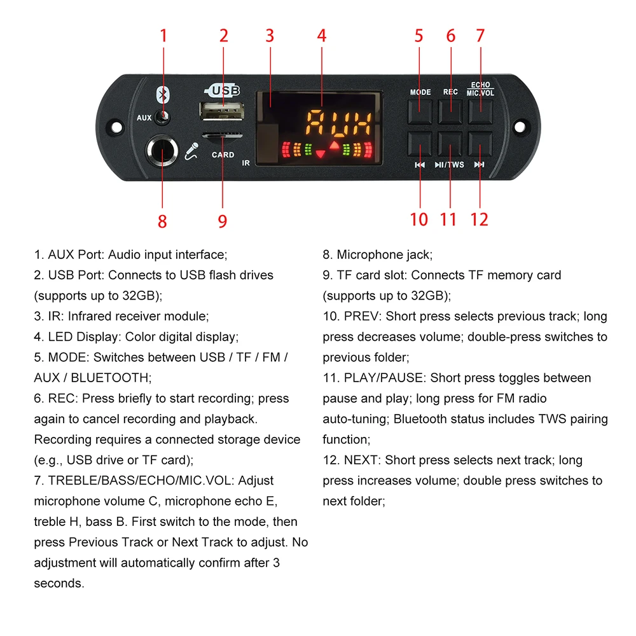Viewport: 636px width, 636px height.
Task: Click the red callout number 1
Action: [163, 36]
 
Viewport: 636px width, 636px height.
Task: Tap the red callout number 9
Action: [223, 221]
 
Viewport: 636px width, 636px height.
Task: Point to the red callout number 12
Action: [479, 219]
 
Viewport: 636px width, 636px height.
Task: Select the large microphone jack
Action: [162, 152]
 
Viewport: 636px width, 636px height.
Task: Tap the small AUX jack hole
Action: [165, 117]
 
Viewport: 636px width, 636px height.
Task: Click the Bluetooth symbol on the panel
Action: [162, 95]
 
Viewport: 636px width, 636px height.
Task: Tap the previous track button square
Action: [420, 144]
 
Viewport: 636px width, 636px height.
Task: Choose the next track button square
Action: [481, 144]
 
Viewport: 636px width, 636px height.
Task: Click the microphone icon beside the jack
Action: [191, 152]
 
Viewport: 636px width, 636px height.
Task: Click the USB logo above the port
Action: [223, 90]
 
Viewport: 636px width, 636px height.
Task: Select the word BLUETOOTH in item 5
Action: [109, 378]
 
